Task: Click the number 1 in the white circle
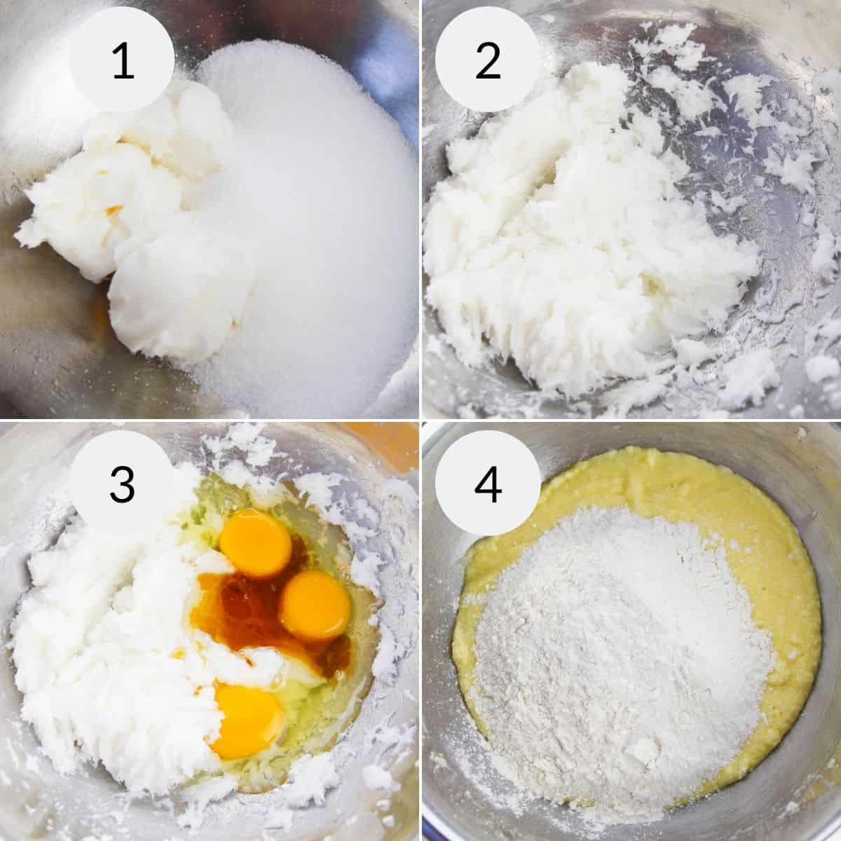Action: tap(122, 61)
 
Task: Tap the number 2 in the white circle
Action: tap(488, 61)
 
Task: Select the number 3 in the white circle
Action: tap(122, 484)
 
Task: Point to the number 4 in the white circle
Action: tap(488, 484)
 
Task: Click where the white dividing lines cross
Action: tap(420, 420)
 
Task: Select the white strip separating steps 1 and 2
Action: tap(420, 210)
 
